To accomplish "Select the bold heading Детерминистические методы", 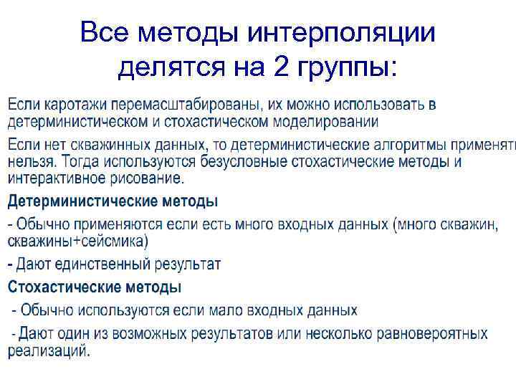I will point(113,201).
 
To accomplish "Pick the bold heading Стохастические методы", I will point(95,287).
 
